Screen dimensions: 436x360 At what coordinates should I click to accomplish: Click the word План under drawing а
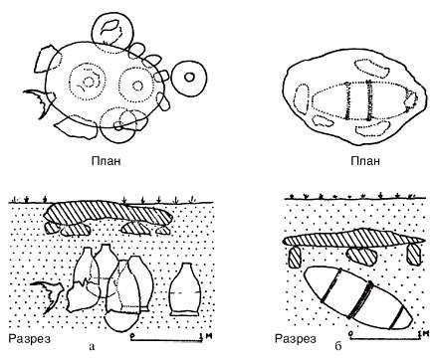coord(106,161)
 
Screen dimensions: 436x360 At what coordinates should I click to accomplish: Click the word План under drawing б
coord(365,161)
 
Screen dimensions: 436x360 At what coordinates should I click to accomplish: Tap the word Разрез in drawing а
coord(30,339)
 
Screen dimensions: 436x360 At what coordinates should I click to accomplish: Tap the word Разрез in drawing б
coord(296,339)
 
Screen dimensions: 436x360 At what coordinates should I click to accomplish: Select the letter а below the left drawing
coord(93,347)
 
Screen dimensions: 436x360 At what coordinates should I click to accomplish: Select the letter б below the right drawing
coord(337,346)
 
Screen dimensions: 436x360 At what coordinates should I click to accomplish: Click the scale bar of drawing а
coord(167,339)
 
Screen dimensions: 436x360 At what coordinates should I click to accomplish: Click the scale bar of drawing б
coord(386,337)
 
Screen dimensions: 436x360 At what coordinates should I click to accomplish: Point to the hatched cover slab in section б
coord(353,240)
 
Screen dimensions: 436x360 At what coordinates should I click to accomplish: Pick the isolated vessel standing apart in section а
coord(185,289)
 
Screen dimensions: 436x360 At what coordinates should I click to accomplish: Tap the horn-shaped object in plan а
coord(39,101)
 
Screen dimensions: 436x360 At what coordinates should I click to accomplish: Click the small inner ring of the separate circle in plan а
coord(189,78)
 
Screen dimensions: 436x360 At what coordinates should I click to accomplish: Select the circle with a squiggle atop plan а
coord(112,31)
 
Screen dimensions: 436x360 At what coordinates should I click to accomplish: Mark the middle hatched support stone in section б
coord(361,257)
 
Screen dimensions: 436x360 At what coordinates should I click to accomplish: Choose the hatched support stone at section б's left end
coord(295,258)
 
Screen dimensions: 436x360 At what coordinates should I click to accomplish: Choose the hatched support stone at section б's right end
coord(414,255)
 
